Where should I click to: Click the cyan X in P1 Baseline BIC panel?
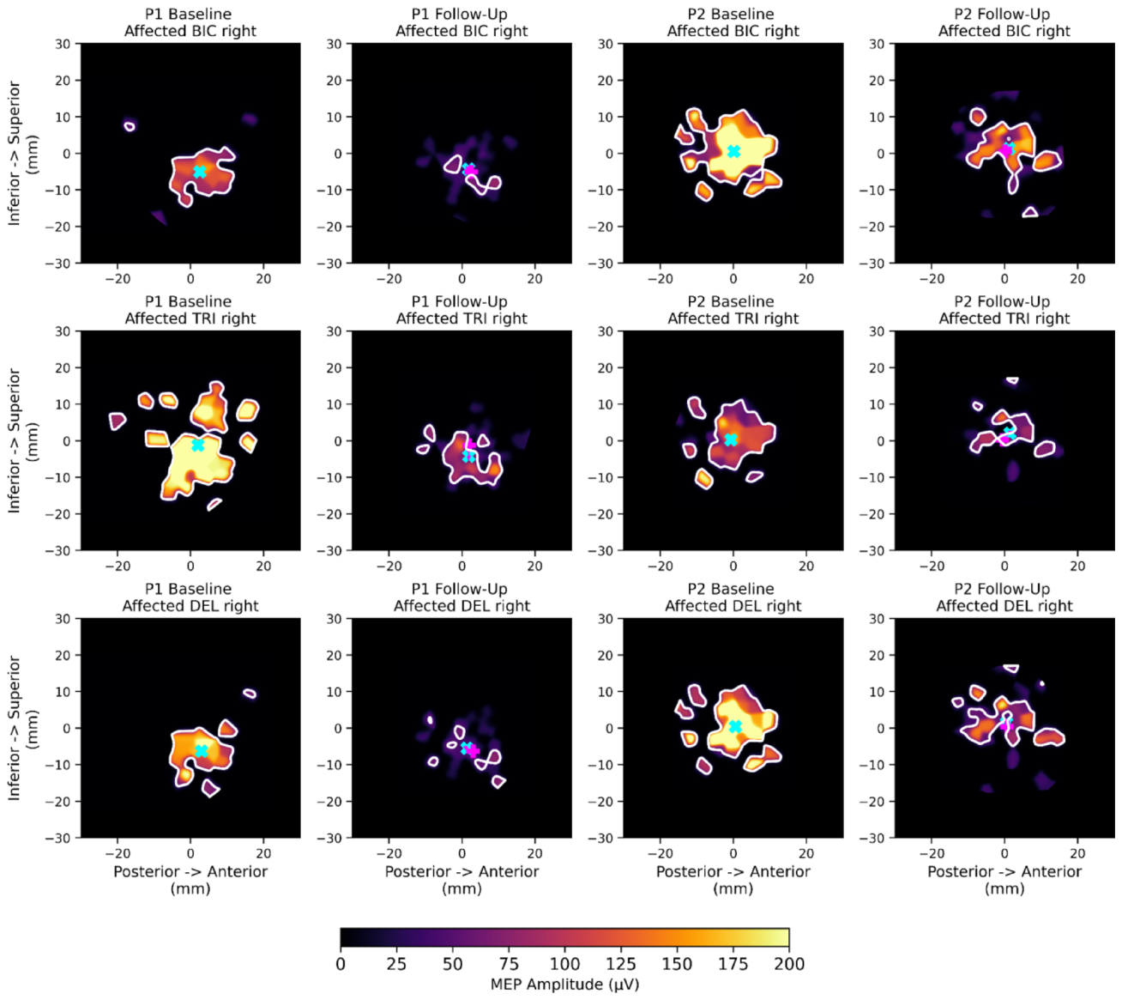199,172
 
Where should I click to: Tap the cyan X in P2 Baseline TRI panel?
731,439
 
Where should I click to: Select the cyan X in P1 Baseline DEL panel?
202,751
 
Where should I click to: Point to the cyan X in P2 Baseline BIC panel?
733,151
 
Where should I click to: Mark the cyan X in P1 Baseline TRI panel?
197,445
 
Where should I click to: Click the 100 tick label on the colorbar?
564,964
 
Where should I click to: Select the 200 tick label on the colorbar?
788,964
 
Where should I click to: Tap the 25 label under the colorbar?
396,964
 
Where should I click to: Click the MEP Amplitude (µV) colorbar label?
564,985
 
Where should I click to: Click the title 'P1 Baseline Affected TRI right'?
190,310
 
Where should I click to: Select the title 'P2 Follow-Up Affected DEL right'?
1004,597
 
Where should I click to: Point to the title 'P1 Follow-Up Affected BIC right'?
461,22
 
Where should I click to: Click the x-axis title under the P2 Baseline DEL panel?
733,880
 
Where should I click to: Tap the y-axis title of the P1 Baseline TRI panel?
22,440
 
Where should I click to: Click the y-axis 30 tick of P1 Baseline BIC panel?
63,43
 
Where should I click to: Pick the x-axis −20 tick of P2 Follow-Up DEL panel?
932,853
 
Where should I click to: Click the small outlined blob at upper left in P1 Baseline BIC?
130,126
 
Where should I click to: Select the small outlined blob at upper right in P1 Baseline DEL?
250,693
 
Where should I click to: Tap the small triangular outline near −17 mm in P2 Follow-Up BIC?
1030,212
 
